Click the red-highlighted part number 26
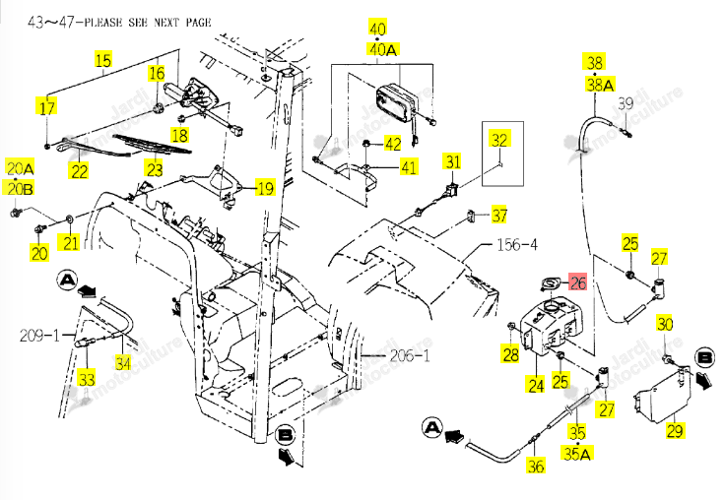577,282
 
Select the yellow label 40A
383,49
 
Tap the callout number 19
265,188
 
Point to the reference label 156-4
517,244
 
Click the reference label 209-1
39,335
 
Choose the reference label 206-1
410,355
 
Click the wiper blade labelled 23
152,144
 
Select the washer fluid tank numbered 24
552,329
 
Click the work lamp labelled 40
396,102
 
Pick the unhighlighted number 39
626,103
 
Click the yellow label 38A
600,85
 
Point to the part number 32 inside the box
499,140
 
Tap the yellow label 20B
21,189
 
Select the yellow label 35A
577,454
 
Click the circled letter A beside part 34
68,281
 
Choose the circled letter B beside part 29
704,357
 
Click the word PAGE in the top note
198,23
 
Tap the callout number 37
499,215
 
